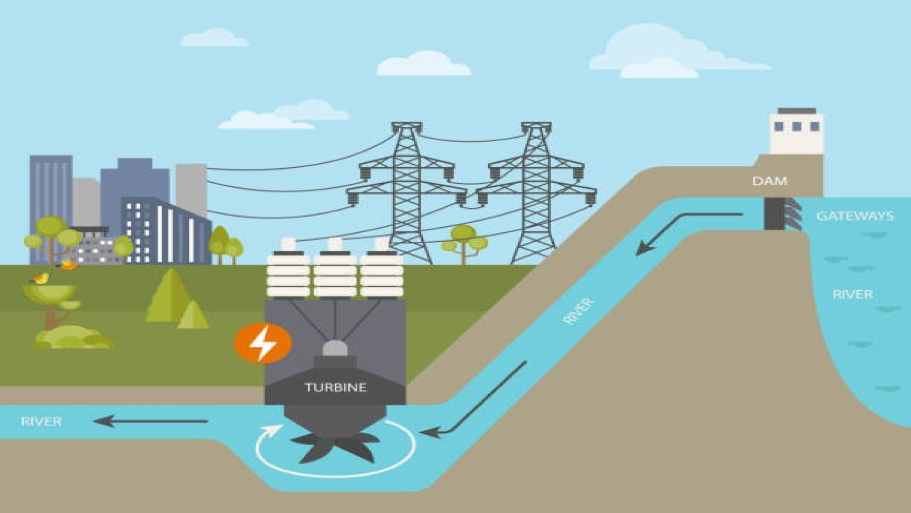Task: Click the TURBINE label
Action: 335,387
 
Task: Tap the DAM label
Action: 770,181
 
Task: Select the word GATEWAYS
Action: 855,216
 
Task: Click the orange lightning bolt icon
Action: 263,343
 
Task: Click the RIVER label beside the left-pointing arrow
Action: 41,421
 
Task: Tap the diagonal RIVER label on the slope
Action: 578,312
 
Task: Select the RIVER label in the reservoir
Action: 853,294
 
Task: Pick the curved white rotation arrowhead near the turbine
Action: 274,430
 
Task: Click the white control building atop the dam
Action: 797,132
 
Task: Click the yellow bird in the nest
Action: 42,278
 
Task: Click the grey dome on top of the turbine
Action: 335,348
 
